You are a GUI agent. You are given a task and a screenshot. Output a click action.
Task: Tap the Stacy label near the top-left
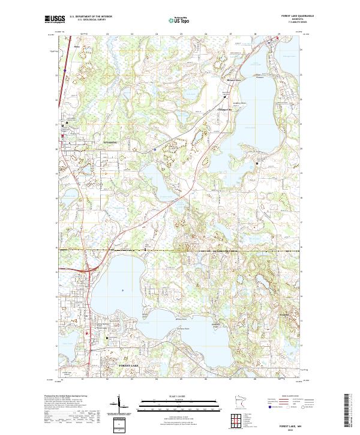click(x=76, y=46)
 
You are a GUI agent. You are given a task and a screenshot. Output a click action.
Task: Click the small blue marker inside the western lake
click(x=122, y=290)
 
